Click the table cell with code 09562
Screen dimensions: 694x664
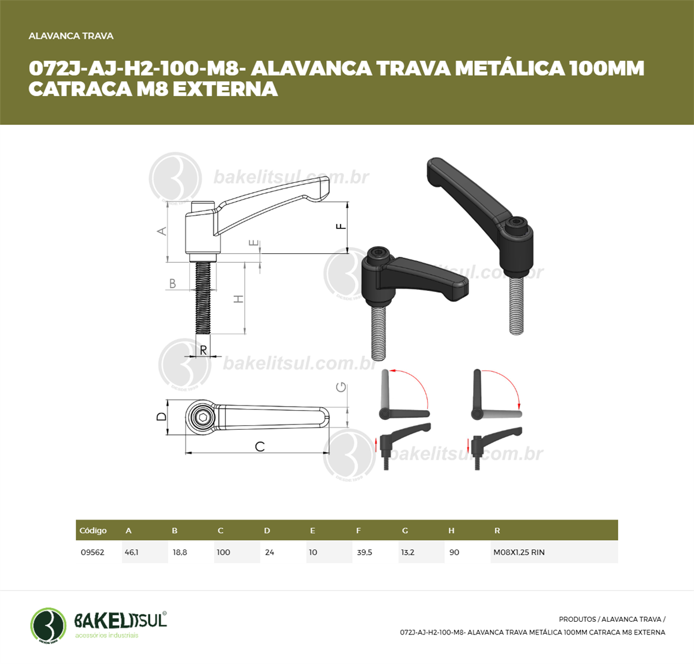pyautogui.click(x=93, y=552)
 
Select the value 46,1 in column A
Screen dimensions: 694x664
pyautogui.click(x=131, y=552)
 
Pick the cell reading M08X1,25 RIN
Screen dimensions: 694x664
pyautogui.click(x=519, y=552)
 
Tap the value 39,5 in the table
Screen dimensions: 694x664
pyautogui.click(x=364, y=552)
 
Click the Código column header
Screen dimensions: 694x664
pyautogui.click(x=93, y=530)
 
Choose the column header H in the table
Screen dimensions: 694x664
pyautogui.click(x=451, y=530)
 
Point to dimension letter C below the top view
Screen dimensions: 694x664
pyautogui.click(x=260, y=447)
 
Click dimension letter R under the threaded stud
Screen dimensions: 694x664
pyautogui.click(x=203, y=350)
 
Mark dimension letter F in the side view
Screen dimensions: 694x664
pyautogui.click(x=341, y=226)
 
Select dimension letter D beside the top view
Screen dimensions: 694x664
pyautogui.click(x=161, y=416)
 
